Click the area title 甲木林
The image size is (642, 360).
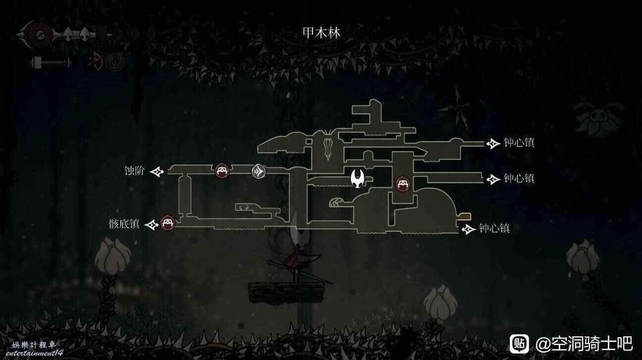(x=321, y=33)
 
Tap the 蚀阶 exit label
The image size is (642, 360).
(x=134, y=171)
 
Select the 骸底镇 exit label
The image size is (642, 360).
(x=124, y=224)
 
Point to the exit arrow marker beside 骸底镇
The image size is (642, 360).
(x=151, y=224)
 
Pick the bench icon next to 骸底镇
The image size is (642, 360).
(x=167, y=223)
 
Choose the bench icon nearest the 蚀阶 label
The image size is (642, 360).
(x=222, y=171)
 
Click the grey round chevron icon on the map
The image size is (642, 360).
(x=258, y=171)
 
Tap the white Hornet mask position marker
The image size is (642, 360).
(x=357, y=178)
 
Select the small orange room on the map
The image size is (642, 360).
(x=465, y=216)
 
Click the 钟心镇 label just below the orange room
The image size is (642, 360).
(x=494, y=229)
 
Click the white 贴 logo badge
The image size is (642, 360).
(x=519, y=344)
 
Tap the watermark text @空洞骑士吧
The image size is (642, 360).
(x=584, y=344)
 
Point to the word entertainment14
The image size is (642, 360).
(x=34, y=353)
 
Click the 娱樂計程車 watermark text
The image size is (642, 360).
(x=34, y=345)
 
